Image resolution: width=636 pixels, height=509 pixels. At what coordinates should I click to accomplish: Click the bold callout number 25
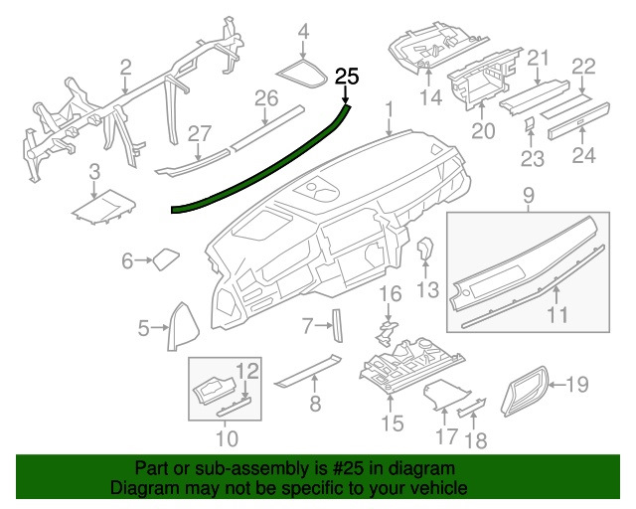coord(347,77)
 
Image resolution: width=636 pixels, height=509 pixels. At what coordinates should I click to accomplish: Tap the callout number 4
coord(303,32)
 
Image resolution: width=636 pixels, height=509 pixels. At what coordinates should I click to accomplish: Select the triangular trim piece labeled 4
coord(301,74)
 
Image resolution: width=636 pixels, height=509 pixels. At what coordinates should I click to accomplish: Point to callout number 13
coord(428,289)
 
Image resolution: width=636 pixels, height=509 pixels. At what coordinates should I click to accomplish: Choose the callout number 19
coord(576,384)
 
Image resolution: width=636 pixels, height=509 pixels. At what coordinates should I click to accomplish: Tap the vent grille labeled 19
coord(524,391)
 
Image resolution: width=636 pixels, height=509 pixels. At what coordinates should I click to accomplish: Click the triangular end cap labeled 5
coord(183,326)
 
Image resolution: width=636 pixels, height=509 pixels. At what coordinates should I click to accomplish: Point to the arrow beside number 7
coord(323,325)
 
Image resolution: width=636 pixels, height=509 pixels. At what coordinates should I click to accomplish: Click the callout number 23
coord(533,158)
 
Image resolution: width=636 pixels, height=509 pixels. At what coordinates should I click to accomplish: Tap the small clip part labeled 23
coord(530,124)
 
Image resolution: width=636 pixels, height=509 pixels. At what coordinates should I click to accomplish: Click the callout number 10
coord(227,438)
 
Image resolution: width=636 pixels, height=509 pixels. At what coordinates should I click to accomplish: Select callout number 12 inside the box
coord(247,371)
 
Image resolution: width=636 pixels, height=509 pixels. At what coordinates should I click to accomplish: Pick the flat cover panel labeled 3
coord(103,207)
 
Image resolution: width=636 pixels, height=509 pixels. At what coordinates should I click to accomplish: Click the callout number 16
coord(391,294)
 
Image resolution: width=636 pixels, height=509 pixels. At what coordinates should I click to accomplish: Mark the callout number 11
coord(557,314)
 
